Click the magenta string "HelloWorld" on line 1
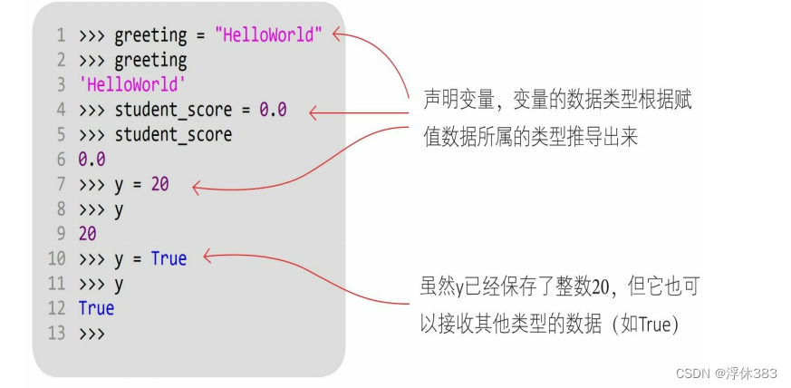click(268, 36)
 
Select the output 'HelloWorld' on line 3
click(132, 85)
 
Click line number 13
click(56, 333)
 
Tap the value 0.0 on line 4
click(273, 111)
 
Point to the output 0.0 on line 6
click(92, 160)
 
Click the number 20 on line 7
click(159, 185)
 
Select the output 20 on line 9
click(88, 234)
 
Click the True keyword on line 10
click(169, 259)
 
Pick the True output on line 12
click(96, 308)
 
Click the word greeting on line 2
click(150, 61)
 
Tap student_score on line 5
click(173, 135)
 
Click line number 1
click(61, 36)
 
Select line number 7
click(61, 185)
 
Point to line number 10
click(56, 259)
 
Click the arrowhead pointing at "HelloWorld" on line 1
click(336, 35)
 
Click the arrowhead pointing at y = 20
click(196, 188)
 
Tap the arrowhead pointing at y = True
click(206, 257)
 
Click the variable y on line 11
click(119, 284)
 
